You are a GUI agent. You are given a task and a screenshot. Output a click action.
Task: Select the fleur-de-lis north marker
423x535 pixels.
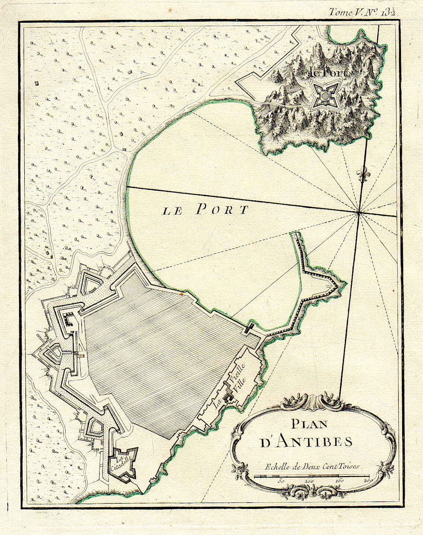362,174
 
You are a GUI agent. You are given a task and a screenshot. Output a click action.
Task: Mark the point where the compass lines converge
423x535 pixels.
359,213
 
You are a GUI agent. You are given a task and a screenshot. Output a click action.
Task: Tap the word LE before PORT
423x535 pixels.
172,212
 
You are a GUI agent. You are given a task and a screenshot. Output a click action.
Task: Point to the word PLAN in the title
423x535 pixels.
309,424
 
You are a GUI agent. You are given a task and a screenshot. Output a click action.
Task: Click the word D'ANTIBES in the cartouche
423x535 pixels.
306,442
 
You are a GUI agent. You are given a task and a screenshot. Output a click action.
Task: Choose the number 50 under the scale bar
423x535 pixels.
281,481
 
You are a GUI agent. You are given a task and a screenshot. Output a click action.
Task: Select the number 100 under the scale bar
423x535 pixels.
309,481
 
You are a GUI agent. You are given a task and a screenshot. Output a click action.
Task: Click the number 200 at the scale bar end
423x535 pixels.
368,481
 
